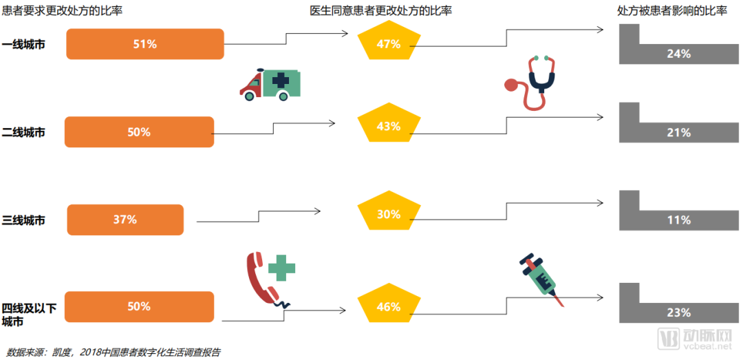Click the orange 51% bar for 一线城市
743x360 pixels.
coord(145,44)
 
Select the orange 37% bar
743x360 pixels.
coord(125,220)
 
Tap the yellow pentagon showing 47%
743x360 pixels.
coord(389,44)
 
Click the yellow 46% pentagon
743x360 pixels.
coord(389,306)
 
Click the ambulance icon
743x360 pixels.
coord(270,85)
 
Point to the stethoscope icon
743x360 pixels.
coord(532,83)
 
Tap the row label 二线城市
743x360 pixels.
coord(23,132)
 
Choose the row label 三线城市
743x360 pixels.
coord(23,220)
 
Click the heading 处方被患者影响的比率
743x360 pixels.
coord(672,10)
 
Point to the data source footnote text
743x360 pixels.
coord(113,352)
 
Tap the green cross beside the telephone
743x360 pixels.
coord(281,267)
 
